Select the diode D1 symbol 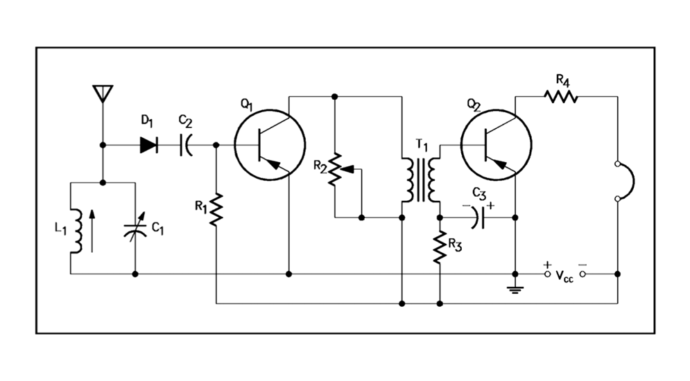coord(148,145)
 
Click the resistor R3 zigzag coord(440,247)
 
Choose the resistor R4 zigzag coord(560,96)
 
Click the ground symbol coord(514,287)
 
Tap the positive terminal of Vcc coord(548,274)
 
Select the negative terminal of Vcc coord(583,274)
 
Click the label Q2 coord(474,105)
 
